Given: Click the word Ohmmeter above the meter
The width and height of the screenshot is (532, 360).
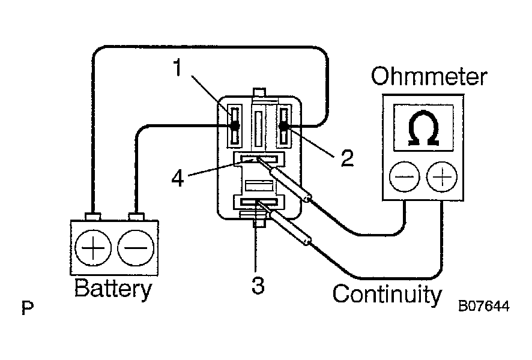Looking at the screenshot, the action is (x=429, y=77).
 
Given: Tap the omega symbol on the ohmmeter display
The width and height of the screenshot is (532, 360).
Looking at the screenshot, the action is (x=423, y=128).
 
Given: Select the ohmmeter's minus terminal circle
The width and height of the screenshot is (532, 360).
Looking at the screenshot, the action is (x=404, y=177).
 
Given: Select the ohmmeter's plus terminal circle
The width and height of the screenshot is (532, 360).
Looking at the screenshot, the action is (x=442, y=177).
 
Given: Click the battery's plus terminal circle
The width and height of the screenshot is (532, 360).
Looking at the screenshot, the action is (x=93, y=247).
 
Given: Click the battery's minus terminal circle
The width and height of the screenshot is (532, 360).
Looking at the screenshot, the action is (x=136, y=247).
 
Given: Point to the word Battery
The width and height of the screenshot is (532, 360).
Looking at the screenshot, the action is (x=113, y=289).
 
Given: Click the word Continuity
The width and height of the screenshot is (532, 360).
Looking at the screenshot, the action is (x=387, y=294).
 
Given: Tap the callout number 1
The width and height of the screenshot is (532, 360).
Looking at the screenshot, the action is (x=178, y=67).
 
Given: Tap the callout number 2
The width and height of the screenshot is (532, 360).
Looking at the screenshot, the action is (x=347, y=158).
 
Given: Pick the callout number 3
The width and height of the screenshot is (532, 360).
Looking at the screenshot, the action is (x=258, y=285).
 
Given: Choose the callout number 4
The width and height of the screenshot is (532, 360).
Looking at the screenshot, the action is (x=178, y=178).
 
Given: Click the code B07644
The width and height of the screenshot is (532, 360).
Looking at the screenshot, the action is (x=484, y=306).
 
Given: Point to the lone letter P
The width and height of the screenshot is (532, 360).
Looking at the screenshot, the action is (x=28, y=308).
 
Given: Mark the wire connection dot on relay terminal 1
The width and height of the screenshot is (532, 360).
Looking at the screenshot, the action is (x=234, y=126).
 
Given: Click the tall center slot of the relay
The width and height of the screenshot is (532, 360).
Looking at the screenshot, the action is (x=259, y=127).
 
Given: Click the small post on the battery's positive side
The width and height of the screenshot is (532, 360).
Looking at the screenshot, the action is (x=93, y=217).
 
